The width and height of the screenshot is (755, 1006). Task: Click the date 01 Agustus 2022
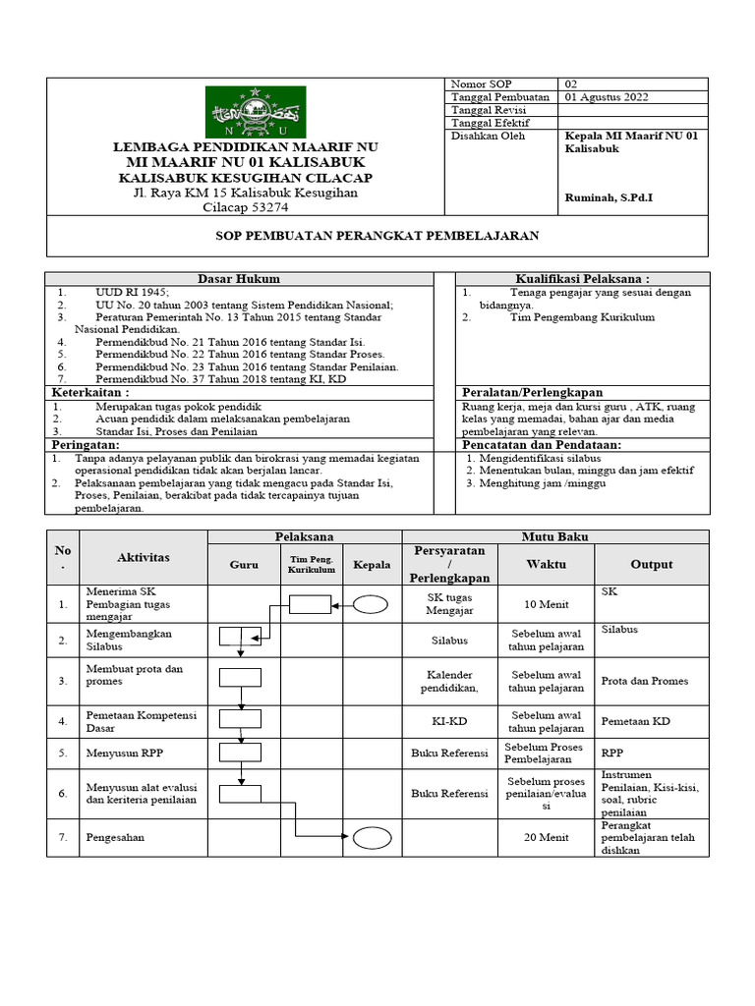607,97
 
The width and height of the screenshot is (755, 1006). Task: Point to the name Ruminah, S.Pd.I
609,198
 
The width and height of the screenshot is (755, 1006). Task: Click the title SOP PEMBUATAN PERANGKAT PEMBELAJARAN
377,237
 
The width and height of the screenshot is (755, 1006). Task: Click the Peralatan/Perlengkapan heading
532,392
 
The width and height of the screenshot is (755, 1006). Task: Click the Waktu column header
546,564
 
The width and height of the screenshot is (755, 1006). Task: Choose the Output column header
652,564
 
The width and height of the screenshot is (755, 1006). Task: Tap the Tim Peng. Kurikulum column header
311,565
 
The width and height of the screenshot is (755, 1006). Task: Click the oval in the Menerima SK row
370,605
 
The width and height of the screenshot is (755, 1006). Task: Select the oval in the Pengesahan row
372,838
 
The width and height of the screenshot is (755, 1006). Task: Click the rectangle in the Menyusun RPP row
240,753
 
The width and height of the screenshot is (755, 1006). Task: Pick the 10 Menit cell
546,604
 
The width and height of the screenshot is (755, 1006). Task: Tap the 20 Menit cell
546,837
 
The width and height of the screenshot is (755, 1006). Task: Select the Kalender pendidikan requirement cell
450,681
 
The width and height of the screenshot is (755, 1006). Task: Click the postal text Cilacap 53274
246,207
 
